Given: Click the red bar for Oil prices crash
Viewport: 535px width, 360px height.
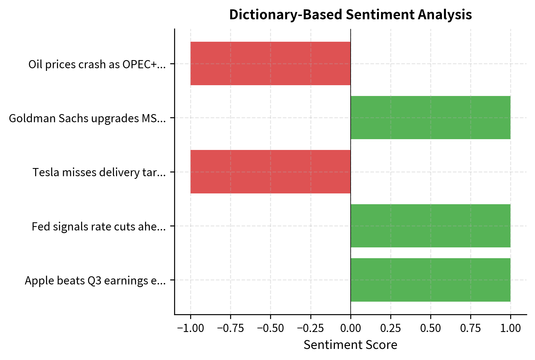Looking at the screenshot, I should tap(270, 63).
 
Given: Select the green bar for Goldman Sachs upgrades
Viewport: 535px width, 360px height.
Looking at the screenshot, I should tap(430, 118).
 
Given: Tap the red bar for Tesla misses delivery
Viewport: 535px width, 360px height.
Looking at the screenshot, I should tap(270, 172).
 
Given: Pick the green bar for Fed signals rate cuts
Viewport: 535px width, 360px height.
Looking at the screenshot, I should tap(430, 226).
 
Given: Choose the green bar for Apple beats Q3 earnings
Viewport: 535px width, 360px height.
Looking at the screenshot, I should tap(430, 280).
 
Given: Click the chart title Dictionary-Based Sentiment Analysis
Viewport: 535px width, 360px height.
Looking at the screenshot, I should tap(350, 15).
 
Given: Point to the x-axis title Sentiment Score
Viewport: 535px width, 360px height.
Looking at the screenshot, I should tap(350, 345).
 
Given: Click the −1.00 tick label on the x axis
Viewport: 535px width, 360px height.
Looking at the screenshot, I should tap(190, 328).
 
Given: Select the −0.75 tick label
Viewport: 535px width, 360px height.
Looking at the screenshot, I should tap(230, 328).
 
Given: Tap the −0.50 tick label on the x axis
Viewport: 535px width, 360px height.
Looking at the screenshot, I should tap(270, 328).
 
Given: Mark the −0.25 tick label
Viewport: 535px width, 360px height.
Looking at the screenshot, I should tap(310, 328).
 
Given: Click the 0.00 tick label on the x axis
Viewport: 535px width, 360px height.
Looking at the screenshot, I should tap(350, 328).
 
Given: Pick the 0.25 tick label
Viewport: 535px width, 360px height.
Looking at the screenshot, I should tap(390, 328).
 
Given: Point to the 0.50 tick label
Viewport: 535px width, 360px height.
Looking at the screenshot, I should tap(430, 328).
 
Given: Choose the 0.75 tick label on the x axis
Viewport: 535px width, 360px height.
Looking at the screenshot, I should tap(470, 328).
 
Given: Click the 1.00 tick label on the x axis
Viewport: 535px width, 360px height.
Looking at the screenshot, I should tap(510, 328).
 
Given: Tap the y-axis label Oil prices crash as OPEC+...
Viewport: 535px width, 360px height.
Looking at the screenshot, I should tap(97, 64).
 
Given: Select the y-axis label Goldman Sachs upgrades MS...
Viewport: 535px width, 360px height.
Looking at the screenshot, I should tap(87, 118).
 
